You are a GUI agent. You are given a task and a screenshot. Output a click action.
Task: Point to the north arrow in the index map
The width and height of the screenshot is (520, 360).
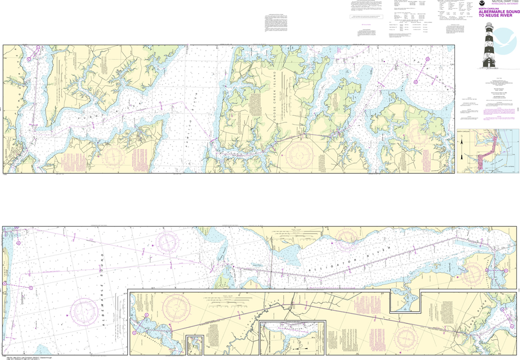(462, 144)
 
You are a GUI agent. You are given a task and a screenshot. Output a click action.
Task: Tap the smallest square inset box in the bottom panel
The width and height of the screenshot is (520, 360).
(194, 345)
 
